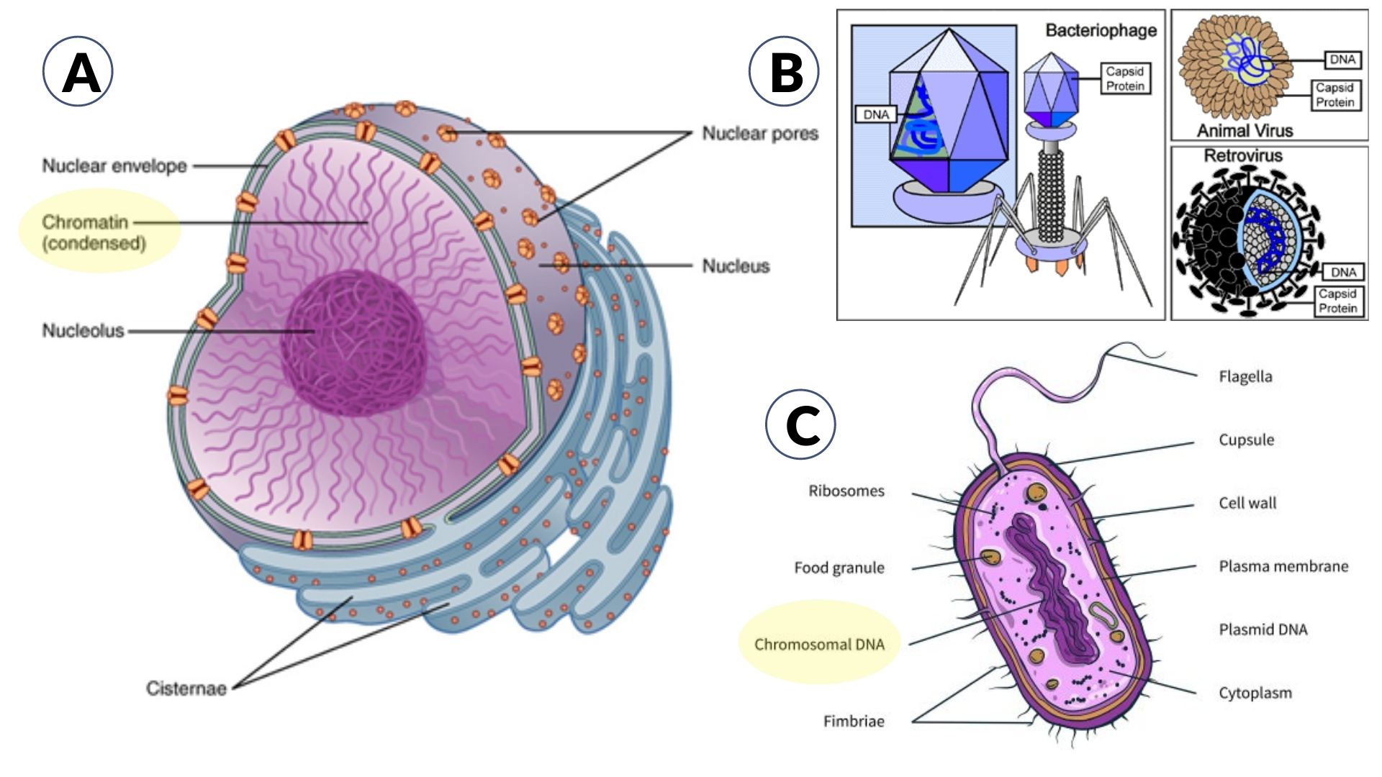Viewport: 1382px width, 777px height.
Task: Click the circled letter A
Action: tap(78, 72)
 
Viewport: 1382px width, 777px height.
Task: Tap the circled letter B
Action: tap(785, 72)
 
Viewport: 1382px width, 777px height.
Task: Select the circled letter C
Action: tap(801, 424)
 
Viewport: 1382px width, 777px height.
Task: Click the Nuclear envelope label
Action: tap(114, 166)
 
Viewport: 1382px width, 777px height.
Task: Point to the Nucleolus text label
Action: tap(83, 331)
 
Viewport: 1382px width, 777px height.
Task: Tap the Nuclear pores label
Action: tap(760, 134)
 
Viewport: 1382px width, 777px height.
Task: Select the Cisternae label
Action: tap(186, 689)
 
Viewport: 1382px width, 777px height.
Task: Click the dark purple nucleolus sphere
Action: tap(353, 342)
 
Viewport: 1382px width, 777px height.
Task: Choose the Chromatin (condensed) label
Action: tap(94, 232)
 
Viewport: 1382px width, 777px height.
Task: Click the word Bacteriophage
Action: tap(1101, 30)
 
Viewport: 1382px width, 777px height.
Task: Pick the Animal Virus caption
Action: tap(1245, 131)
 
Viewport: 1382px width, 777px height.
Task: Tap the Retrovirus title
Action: tap(1243, 155)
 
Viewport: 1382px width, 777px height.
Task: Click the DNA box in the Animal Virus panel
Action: tap(1342, 60)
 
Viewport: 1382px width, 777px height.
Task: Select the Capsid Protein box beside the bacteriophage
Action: tap(1125, 78)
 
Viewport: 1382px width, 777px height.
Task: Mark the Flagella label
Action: tap(1245, 377)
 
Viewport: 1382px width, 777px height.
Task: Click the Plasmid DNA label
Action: tap(1263, 630)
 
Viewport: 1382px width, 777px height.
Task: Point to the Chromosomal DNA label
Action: tap(819, 645)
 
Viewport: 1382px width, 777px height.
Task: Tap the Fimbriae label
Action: tap(854, 722)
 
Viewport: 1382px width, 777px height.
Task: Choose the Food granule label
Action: tap(839, 568)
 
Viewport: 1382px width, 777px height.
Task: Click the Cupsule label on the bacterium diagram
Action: tap(1246, 440)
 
